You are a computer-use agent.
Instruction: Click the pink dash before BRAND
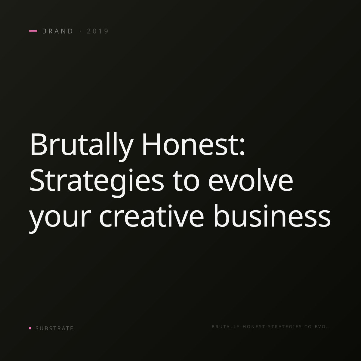(33, 31)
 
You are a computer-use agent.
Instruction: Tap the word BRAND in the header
(57, 31)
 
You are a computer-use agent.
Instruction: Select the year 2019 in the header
(97, 31)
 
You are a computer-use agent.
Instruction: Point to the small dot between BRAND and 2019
(81, 31)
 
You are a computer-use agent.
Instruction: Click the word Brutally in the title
(82, 146)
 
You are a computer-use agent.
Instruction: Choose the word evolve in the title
(251, 180)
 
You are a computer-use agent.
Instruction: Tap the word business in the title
(272, 216)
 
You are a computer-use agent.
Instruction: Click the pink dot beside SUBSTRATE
(30, 328)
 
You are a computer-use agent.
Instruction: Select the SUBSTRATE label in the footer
(54, 328)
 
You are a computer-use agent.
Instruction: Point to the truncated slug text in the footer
(270, 326)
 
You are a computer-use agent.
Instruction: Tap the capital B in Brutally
(39, 144)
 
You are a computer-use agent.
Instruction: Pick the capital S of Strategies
(36, 180)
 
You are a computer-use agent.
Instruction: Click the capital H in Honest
(151, 144)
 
